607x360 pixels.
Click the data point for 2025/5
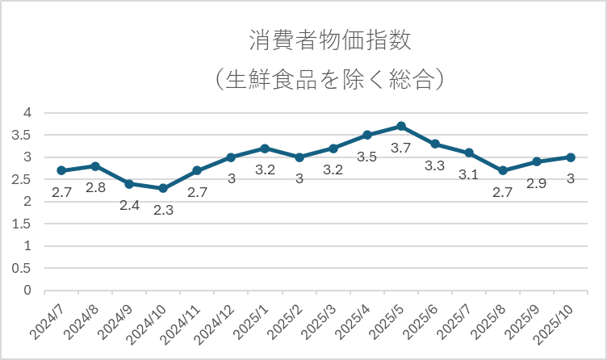pyautogui.click(x=401, y=126)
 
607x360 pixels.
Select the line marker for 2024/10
pyautogui.click(x=163, y=188)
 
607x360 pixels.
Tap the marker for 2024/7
pyautogui.click(x=61, y=170)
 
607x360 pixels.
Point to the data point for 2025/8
pyautogui.click(x=503, y=170)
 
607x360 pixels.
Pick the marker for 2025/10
pyautogui.click(x=571, y=157)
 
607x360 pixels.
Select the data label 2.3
pyautogui.click(x=163, y=210)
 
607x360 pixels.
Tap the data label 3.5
pyautogui.click(x=367, y=157)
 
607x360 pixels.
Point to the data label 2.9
pyautogui.click(x=537, y=183)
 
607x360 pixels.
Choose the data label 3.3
pyautogui.click(x=435, y=165)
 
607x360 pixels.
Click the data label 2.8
pyautogui.click(x=95, y=188)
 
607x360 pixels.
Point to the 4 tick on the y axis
pyautogui.click(x=27, y=113)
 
